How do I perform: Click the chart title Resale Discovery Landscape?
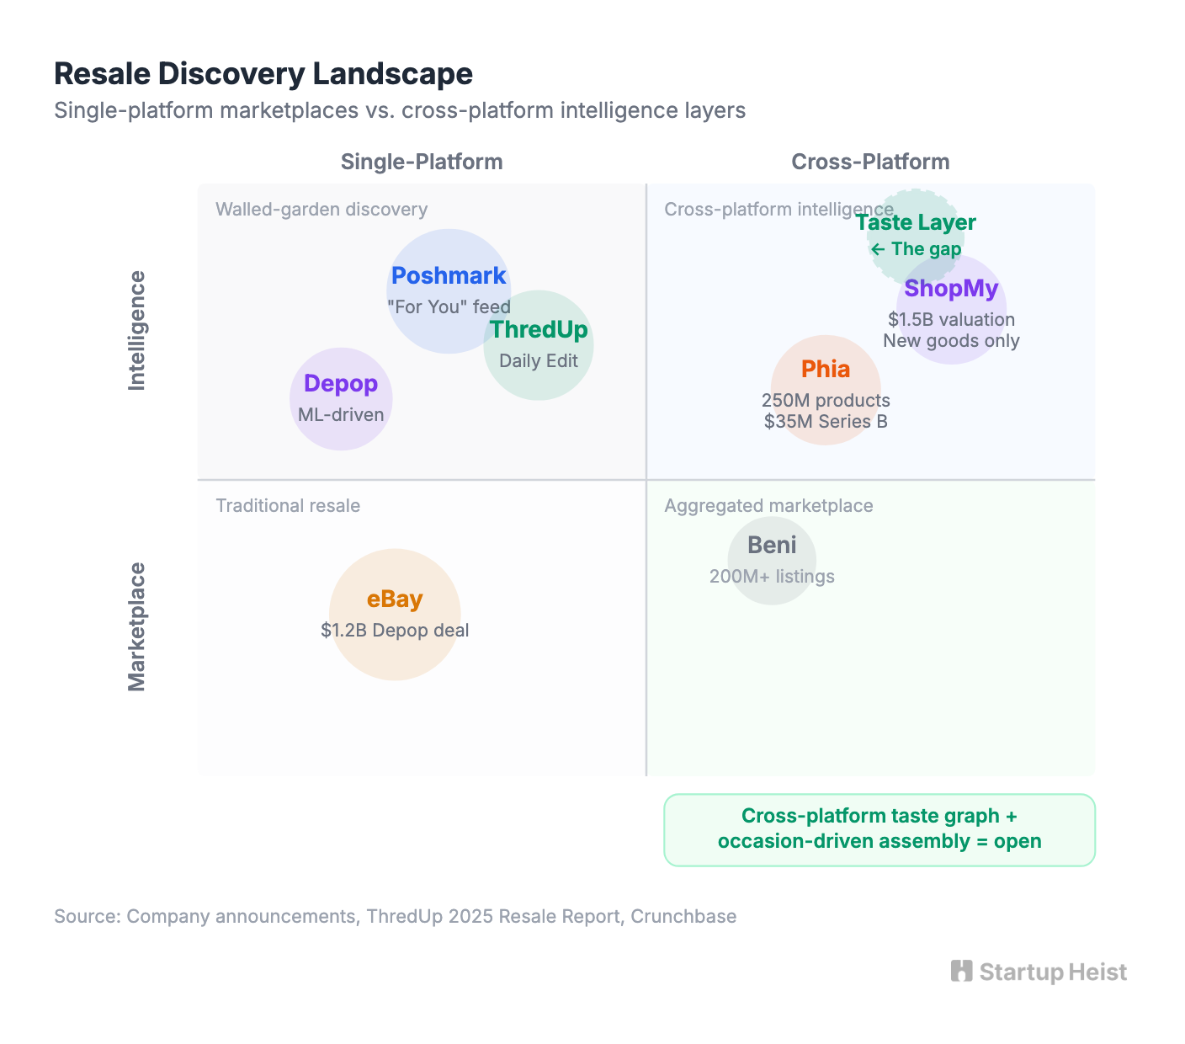pos(263,74)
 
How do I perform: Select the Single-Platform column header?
pos(422,162)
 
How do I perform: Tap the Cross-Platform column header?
pos(870,162)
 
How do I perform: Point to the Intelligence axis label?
pos(136,331)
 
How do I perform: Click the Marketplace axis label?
pos(136,627)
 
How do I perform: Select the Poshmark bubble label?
pos(449,276)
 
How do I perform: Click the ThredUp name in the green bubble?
pos(539,330)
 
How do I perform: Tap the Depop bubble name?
pos(341,384)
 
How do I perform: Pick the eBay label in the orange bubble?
pos(395,599)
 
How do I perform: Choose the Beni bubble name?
pos(772,546)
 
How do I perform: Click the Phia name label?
pos(826,370)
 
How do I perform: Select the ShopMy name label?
pos(951,289)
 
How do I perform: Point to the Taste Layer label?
pos(916,223)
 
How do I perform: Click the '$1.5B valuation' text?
pos(951,320)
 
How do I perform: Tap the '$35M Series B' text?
pos(826,422)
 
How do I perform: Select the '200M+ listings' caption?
pos(772,577)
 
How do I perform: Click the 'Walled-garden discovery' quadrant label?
pos(321,210)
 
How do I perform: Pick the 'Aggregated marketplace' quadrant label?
pos(768,506)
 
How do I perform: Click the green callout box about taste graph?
pos(879,829)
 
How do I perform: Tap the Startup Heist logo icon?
pos(961,972)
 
